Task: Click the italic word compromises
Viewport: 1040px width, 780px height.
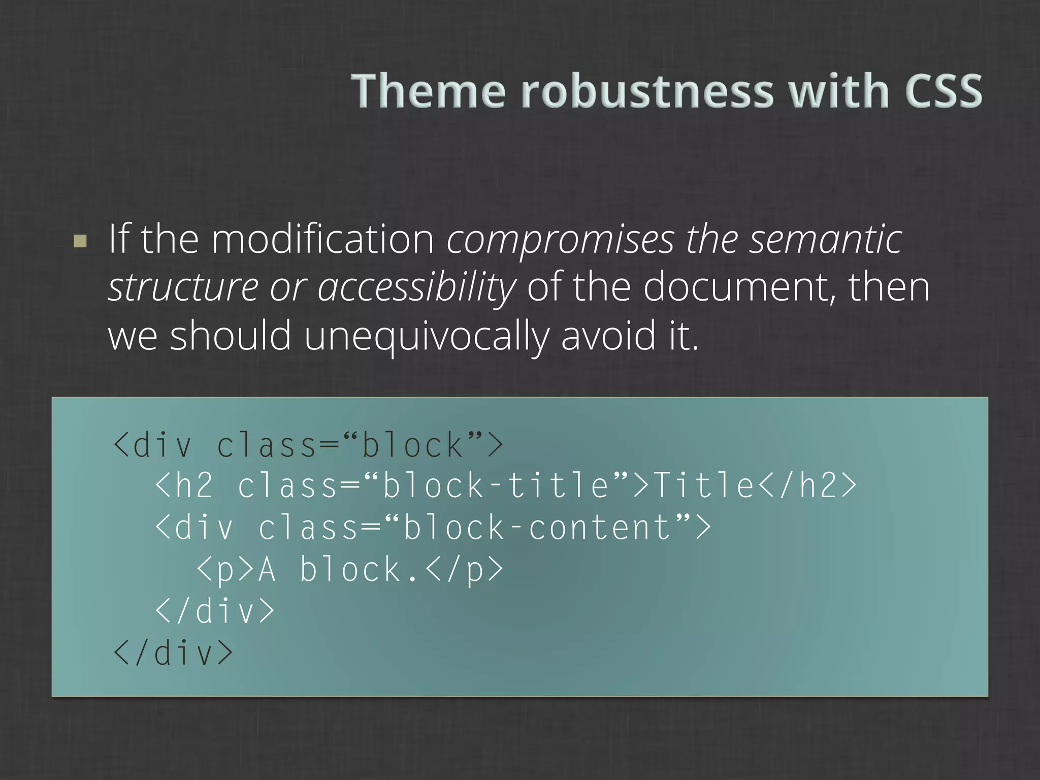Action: pos(561,240)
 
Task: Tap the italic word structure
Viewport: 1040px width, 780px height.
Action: pos(183,287)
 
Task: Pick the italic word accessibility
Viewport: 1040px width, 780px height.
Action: pos(416,287)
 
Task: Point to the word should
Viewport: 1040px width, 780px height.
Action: pos(231,336)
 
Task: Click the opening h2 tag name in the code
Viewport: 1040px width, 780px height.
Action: pos(193,485)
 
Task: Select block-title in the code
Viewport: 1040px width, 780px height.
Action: pos(495,485)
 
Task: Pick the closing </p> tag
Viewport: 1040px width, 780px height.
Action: pos(465,569)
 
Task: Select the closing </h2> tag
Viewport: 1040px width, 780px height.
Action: pos(807,485)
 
